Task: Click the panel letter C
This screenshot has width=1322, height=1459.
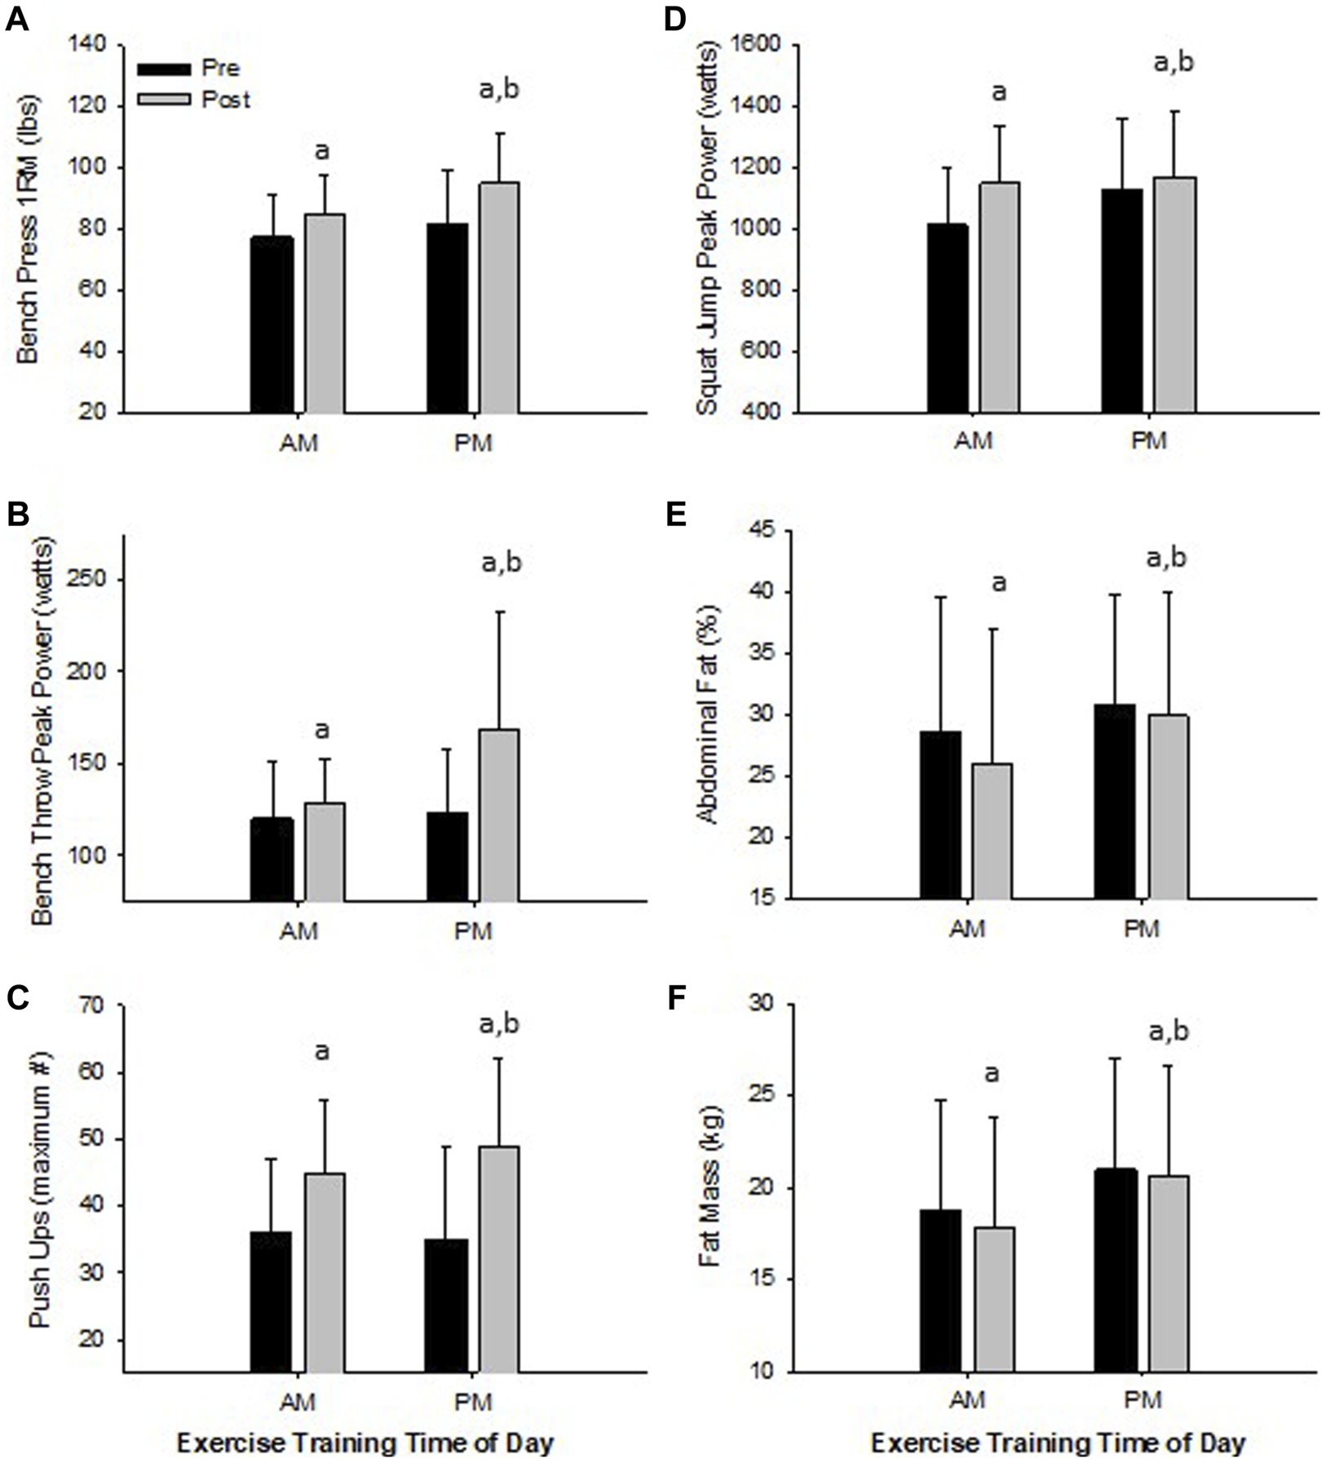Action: (x=17, y=997)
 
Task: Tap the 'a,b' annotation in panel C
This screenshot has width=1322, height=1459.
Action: (x=500, y=1024)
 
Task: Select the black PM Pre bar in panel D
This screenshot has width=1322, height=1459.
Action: (x=1121, y=300)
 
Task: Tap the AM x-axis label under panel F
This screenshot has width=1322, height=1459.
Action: (x=967, y=1399)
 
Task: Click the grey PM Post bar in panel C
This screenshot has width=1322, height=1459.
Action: (x=498, y=1258)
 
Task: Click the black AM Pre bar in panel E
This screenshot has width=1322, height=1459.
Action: (x=940, y=814)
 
